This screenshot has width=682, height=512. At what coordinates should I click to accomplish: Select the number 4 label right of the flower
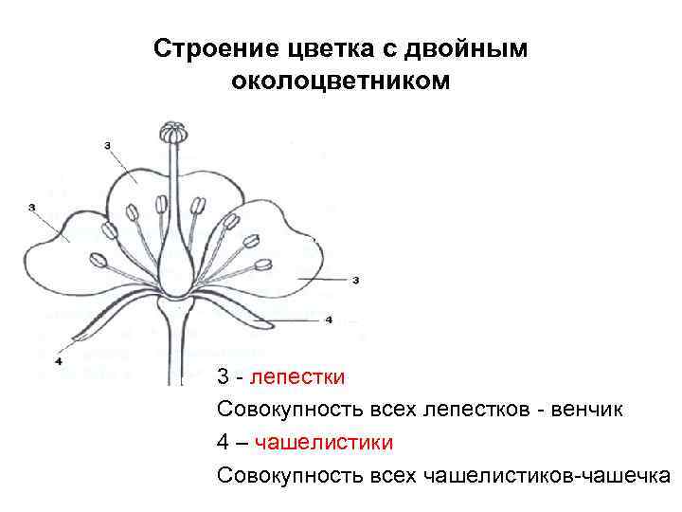click(329, 320)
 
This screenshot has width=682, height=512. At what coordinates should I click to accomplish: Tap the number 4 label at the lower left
click(59, 360)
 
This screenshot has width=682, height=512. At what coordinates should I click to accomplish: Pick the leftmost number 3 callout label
click(32, 207)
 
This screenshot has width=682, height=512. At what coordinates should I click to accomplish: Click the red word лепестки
click(305, 377)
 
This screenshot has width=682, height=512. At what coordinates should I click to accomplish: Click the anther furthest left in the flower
click(97, 260)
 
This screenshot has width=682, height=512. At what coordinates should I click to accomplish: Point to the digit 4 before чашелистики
click(223, 442)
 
